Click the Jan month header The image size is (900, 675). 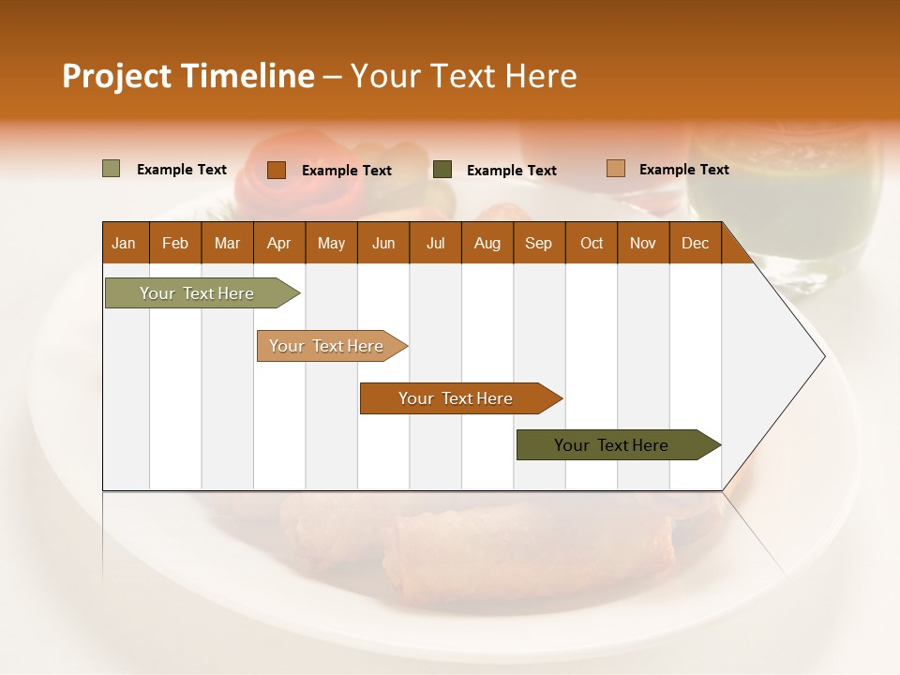click(124, 243)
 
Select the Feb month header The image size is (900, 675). click(175, 243)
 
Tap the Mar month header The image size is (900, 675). click(227, 243)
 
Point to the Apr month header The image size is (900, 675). click(278, 243)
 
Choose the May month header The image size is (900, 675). click(331, 243)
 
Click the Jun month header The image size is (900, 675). click(383, 243)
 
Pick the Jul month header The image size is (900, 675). click(435, 243)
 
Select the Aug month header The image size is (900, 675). click(487, 243)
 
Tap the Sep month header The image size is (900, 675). click(538, 243)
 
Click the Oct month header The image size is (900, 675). click(592, 243)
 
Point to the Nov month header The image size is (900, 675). click(643, 243)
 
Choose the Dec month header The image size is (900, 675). click(695, 243)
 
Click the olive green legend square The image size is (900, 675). click(111, 169)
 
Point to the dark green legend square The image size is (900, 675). click(442, 170)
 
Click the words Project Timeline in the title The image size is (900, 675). click(188, 76)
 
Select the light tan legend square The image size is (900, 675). click(615, 169)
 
